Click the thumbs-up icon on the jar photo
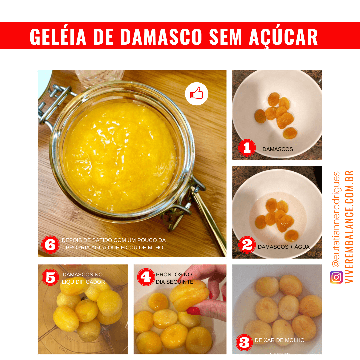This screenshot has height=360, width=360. (196, 94)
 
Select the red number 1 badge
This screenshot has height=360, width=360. (247, 148)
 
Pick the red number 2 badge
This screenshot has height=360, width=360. (247, 245)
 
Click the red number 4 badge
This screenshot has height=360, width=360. (146, 277)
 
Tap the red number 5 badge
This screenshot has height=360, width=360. (50, 277)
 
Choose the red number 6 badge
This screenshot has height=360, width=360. (50, 245)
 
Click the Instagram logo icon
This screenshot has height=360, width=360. (336, 277)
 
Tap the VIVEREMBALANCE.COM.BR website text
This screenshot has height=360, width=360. (350, 227)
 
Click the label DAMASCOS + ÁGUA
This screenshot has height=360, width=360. (284, 247)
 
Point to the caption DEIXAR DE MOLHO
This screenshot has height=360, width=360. (280, 340)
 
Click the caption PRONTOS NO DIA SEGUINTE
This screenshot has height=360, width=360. (175, 278)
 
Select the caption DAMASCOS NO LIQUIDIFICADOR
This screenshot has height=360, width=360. (83, 278)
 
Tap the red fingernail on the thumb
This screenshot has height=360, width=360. (193, 311)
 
